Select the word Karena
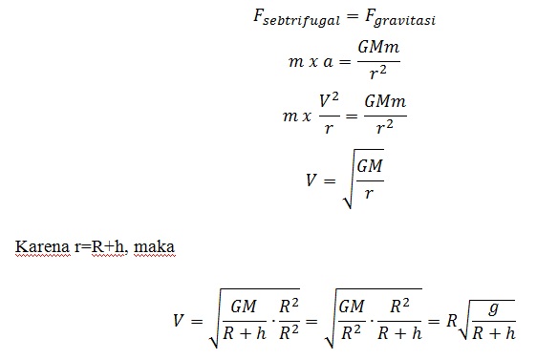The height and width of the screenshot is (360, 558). pyautogui.click(x=35, y=246)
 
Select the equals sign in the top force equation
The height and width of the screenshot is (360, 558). pyautogui.click(x=352, y=19)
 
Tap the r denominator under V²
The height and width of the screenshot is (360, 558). pyautogui.click(x=329, y=126)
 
